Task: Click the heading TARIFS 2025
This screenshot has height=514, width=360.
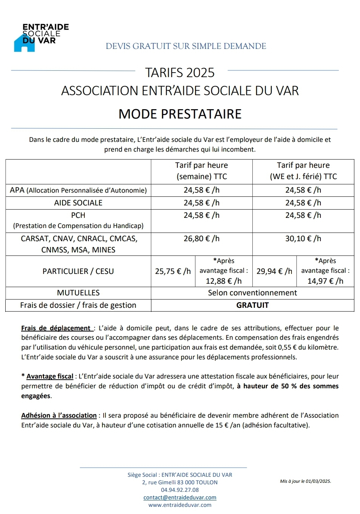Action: (180, 73)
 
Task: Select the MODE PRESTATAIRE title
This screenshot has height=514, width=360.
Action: (180, 114)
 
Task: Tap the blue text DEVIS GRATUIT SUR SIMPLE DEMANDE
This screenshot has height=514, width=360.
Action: (186, 46)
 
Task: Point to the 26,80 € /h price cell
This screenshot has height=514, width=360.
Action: (201, 239)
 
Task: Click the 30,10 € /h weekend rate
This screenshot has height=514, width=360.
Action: (303, 239)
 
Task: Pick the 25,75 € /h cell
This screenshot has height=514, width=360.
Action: (173, 271)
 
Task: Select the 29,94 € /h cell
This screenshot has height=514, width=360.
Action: (274, 271)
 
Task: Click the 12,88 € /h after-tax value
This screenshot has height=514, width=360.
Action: (224, 281)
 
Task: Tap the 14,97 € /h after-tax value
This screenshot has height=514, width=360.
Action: (325, 281)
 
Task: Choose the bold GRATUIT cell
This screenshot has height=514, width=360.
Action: (252, 305)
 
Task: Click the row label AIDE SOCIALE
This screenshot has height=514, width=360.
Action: (78, 203)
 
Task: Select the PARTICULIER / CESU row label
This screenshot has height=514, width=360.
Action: (78, 271)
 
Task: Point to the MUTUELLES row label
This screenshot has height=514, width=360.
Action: (78, 293)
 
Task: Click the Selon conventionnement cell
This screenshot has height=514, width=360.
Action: (252, 293)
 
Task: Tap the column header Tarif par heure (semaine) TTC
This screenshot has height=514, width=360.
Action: (201, 171)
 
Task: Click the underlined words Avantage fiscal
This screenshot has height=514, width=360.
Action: (50, 376)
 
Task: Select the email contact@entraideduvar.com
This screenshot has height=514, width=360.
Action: (180, 497)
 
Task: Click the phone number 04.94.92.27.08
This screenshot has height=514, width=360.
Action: (180, 490)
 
